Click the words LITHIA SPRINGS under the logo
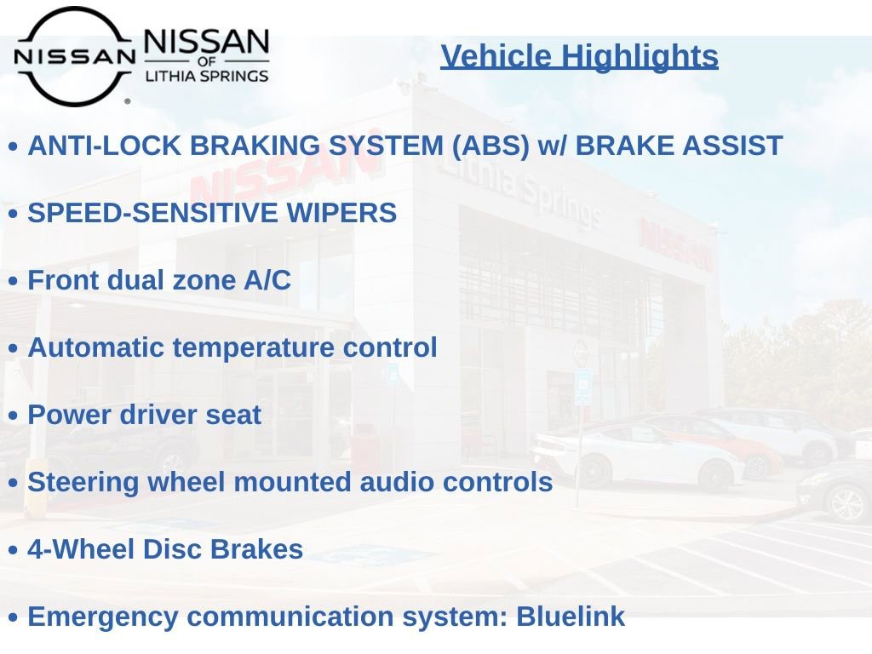pos(207,76)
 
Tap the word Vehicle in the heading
pos(496,56)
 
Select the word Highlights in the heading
pos(639,57)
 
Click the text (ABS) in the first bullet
pos(490,146)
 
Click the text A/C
pos(267,279)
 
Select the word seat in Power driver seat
pos(233,416)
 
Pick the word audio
pos(397,482)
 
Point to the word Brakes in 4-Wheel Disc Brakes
pos(256,549)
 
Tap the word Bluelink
pos(570,617)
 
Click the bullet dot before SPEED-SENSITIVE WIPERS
pos(14,214)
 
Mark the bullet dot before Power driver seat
pos(14,416)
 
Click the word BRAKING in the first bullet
pos(255,146)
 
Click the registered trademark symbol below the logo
pos(128,101)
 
